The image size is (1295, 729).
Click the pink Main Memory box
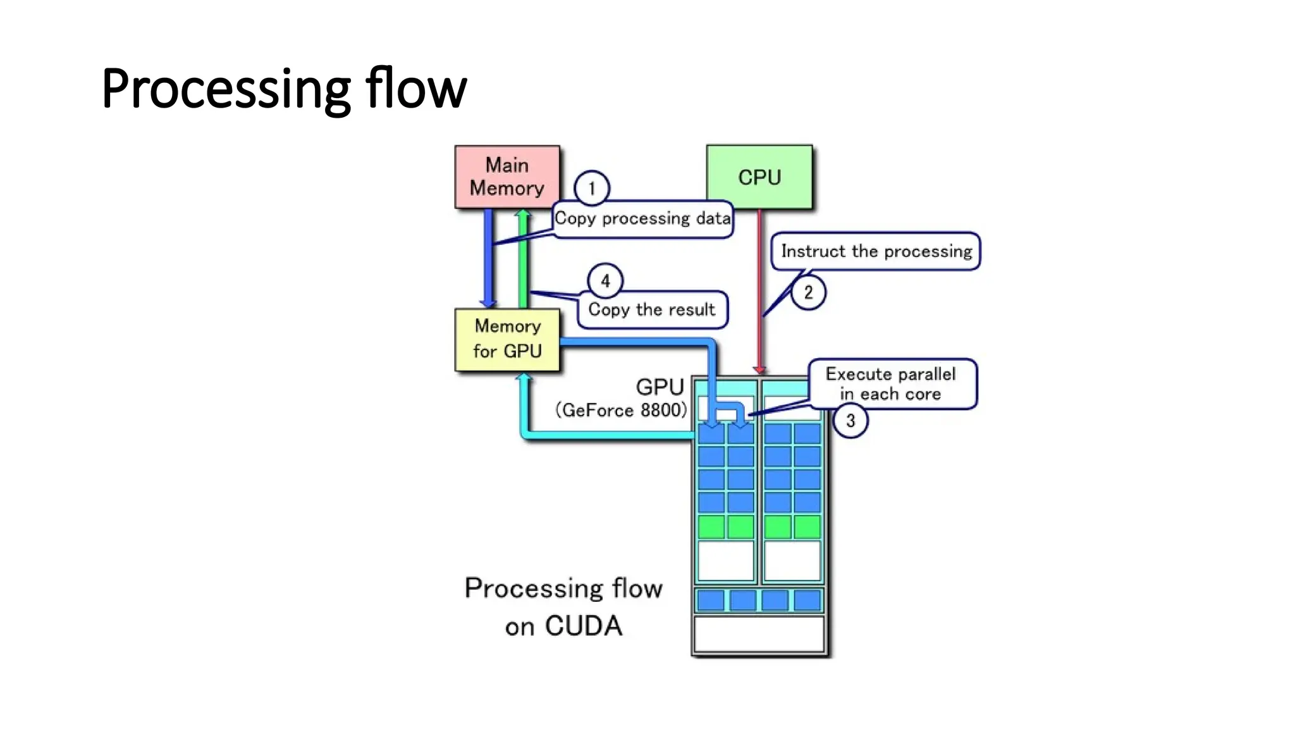[x=507, y=177]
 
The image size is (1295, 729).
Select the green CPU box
[x=759, y=177]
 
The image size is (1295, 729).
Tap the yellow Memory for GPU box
[x=507, y=339]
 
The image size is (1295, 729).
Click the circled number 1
[x=591, y=188]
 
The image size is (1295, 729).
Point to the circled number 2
[x=807, y=292]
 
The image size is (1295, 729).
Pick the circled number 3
[x=850, y=420]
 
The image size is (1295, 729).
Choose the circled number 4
[x=605, y=280]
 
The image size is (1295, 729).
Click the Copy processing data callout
[x=642, y=219]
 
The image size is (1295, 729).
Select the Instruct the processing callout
[x=876, y=251]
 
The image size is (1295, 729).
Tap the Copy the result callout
[x=651, y=309]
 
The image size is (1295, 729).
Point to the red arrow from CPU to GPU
[x=759, y=291]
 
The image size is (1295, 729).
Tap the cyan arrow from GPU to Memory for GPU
[x=569, y=435]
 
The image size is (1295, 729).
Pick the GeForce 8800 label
[x=621, y=410]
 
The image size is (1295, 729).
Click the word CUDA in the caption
[x=583, y=626]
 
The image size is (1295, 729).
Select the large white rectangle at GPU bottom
[x=759, y=634]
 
